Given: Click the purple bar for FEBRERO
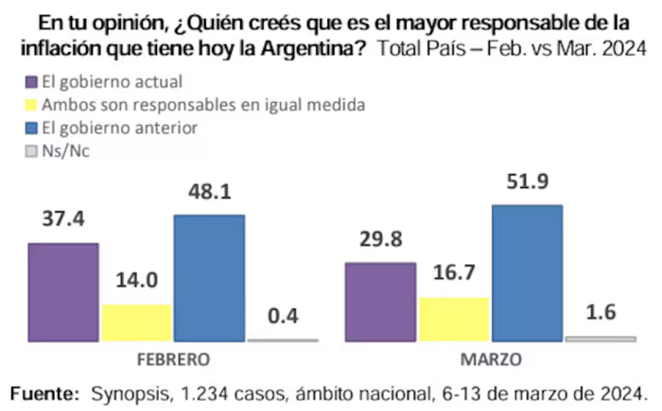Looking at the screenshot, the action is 63,292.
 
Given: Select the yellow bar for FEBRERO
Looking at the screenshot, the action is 137,323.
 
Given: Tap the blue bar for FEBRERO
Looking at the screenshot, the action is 209,278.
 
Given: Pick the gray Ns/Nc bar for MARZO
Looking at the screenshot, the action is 601,339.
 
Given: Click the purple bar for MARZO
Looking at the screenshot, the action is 380,302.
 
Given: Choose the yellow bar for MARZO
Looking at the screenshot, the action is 454,319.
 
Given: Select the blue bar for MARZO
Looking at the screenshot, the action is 528,273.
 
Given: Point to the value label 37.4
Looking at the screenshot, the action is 63,218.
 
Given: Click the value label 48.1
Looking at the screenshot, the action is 210,192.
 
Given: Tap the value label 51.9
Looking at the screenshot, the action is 528,181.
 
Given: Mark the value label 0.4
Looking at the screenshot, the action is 283,317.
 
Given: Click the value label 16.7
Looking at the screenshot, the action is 454,272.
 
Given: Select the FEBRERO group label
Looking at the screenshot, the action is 173,360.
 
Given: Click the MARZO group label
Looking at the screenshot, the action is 491,360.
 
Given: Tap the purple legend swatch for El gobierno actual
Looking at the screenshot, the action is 31,82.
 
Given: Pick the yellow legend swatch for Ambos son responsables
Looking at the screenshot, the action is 31,105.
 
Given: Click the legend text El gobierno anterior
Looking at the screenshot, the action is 119,128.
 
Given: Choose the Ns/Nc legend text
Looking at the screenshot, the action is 66,151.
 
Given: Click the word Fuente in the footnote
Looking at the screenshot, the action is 44,393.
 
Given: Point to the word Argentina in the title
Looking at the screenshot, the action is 314,48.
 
